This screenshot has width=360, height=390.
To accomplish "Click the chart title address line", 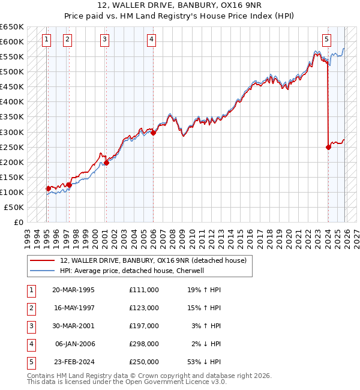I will click(179, 5).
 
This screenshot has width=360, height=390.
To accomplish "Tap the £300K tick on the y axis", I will click(11, 132).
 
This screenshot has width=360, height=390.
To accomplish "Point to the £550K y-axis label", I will click(11, 57).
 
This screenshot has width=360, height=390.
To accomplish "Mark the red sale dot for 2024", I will click(328, 147).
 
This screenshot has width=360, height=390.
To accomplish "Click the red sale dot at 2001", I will click(106, 163).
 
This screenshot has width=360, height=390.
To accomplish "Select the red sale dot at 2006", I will click(153, 133).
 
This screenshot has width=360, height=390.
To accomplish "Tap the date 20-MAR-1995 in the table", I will click(73, 289).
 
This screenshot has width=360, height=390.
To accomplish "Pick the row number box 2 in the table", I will click(31, 308).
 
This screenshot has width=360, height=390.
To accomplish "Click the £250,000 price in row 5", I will click(144, 362).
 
